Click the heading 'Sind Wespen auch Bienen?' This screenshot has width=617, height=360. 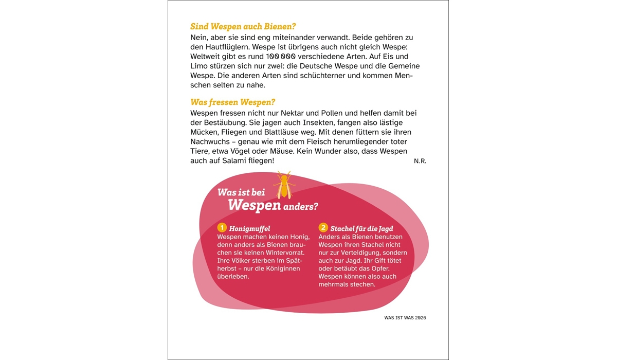point(243,26)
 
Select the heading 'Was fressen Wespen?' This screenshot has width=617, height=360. point(232,102)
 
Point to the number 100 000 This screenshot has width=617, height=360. point(281,56)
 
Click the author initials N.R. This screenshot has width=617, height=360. point(420,161)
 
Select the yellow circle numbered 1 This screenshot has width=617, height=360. point(222,228)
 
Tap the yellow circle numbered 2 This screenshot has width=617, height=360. point(323,227)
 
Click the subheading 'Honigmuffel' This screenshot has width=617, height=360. point(249,228)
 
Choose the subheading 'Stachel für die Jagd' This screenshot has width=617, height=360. point(362,228)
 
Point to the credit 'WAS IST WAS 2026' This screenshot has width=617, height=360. point(405,318)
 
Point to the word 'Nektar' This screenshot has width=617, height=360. point(277,113)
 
